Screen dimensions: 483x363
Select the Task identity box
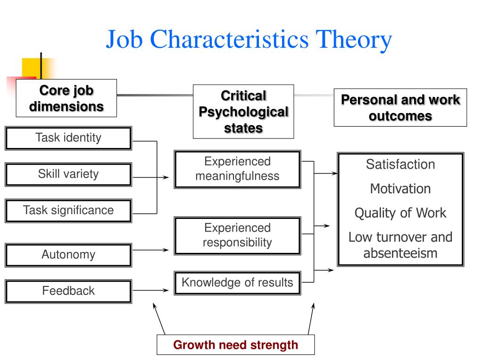pos(68,138)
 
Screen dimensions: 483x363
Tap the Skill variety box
pos(68,174)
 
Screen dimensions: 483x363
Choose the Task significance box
pos(68,210)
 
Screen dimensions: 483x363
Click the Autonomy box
pos(68,255)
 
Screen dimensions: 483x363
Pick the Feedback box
pos(68,291)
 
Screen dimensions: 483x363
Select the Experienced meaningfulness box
pos(237,169)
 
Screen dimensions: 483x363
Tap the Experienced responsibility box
pos(237,235)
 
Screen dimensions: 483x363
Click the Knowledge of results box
pos(237,283)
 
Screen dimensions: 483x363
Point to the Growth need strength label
pos(235,345)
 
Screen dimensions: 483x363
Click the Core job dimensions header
pos(67,98)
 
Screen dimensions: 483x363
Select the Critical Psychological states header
pos(243,112)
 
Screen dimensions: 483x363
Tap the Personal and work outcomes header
pos(400,107)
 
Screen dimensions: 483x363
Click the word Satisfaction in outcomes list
pos(400,164)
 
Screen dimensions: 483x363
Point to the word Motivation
pos(400,189)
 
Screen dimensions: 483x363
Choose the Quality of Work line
pos(400,213)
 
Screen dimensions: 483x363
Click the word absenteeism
pos(400,253)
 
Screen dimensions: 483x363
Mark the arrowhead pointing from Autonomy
pos(166,250)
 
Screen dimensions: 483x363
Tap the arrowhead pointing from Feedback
pos(166,290)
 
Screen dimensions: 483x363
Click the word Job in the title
pos(124,39)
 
